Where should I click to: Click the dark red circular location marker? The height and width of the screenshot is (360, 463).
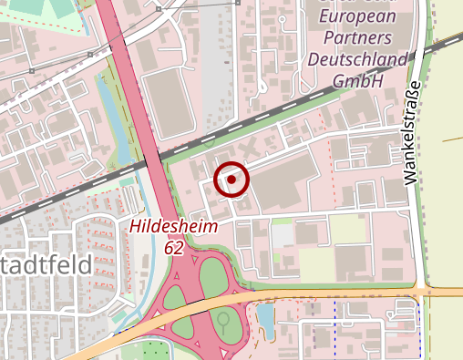231,180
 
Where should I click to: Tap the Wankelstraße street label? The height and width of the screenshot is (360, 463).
413,133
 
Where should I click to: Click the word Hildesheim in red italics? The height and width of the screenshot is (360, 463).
173,228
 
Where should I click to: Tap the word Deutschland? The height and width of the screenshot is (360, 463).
356,59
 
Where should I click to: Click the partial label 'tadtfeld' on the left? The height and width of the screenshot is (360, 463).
46,266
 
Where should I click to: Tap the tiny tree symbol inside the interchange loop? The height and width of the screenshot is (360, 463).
222,320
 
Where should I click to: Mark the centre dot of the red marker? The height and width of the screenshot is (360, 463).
231,180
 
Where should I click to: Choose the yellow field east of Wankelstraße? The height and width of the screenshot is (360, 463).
447,182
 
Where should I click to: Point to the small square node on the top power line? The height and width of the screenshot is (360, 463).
159,8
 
